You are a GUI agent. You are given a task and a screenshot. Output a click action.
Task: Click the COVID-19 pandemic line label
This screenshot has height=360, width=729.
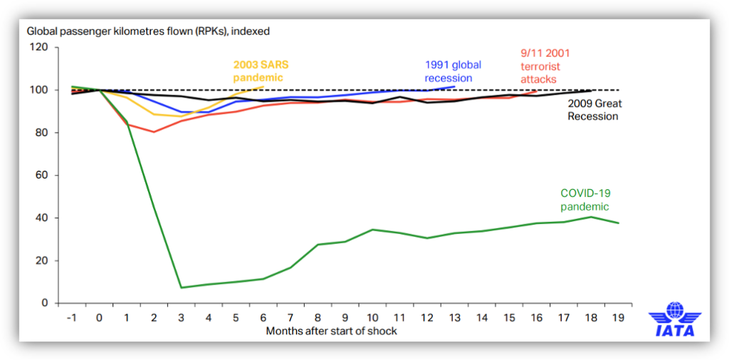[585, 199]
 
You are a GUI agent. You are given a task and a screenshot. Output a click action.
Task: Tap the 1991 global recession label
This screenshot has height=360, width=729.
[453, 71]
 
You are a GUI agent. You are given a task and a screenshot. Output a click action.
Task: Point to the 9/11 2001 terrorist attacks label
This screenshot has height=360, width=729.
[543, 66]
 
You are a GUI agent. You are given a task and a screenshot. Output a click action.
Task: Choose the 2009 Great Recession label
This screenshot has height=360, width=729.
[594, 110]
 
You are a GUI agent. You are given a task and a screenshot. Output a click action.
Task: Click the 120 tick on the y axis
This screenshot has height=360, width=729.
[38, 48]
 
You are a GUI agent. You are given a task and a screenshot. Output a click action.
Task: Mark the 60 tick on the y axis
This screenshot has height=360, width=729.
[41, 175]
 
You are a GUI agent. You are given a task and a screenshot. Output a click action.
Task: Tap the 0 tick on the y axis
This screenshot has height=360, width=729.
[44, 303]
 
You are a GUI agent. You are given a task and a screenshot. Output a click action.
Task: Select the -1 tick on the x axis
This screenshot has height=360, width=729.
[72, 317]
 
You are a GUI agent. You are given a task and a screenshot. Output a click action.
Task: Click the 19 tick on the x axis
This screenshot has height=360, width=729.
[618, 317]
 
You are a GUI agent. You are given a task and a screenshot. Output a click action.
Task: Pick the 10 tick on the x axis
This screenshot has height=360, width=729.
[372, 317]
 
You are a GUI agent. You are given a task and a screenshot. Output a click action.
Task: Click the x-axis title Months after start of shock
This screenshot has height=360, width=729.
[331, 331]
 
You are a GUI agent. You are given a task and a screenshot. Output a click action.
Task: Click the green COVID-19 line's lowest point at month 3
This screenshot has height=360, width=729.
[182, 287]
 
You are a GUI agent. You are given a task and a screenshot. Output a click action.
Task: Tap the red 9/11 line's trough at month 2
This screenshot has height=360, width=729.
[154, 132]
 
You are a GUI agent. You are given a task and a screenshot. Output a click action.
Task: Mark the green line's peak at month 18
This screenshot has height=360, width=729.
[591, 217]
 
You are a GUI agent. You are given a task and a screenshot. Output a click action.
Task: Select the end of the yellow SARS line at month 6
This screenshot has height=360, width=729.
[263, 87]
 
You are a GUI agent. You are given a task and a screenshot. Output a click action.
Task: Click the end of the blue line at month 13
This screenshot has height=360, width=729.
[454, 87]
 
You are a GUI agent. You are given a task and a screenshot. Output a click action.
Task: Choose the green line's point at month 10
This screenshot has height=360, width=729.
[372, 230]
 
